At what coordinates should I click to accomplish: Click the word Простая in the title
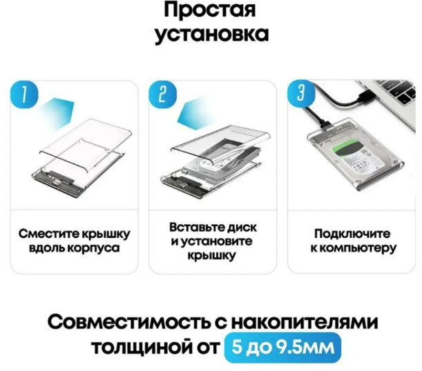click(x=210, y=10)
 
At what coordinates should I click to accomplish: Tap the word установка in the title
click(x=211, y=34)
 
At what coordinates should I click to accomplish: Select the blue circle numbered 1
click(x=24, y=94)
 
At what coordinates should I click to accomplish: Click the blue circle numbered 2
click(x=162, y=94)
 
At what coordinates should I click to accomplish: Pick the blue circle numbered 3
click(x=301, y=94)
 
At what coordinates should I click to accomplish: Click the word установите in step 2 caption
click(x=217, y=241)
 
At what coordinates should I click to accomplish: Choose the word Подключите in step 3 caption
click(x=352, y=234)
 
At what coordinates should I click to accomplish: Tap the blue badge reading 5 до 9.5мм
click(x=282, y=348)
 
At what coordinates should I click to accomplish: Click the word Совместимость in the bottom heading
click(x=128, y=322)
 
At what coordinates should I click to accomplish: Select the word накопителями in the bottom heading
click(x=305, y=322)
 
